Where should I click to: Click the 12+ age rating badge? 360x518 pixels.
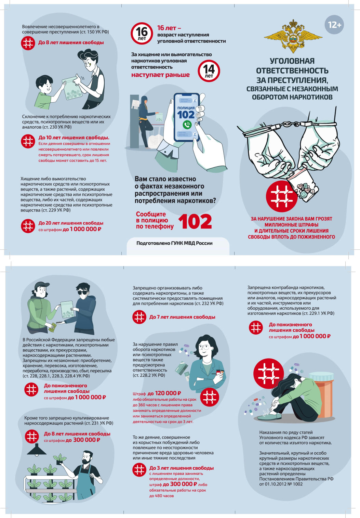click(x=334, y=25)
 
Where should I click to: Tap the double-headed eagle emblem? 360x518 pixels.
click(x=293, y=36)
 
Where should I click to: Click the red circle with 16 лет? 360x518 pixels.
click(x=142, y=33)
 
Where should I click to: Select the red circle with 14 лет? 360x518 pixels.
click(x=209, y=71)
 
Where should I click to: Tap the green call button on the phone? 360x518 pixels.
click(x=187, y=125)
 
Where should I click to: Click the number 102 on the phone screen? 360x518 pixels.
click(x=186, y=115)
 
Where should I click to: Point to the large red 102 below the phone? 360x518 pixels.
click(x=195, y=221)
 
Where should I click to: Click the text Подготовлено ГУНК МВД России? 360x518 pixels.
click(x=174, y=243)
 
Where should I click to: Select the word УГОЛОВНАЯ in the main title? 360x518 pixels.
click(x=292, y=61)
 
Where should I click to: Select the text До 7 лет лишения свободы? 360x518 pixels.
click(x=182, y=317)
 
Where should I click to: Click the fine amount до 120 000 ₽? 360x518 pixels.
click(x=164, y=393)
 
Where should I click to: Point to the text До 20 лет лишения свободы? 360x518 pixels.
click(x=71, y=223)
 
